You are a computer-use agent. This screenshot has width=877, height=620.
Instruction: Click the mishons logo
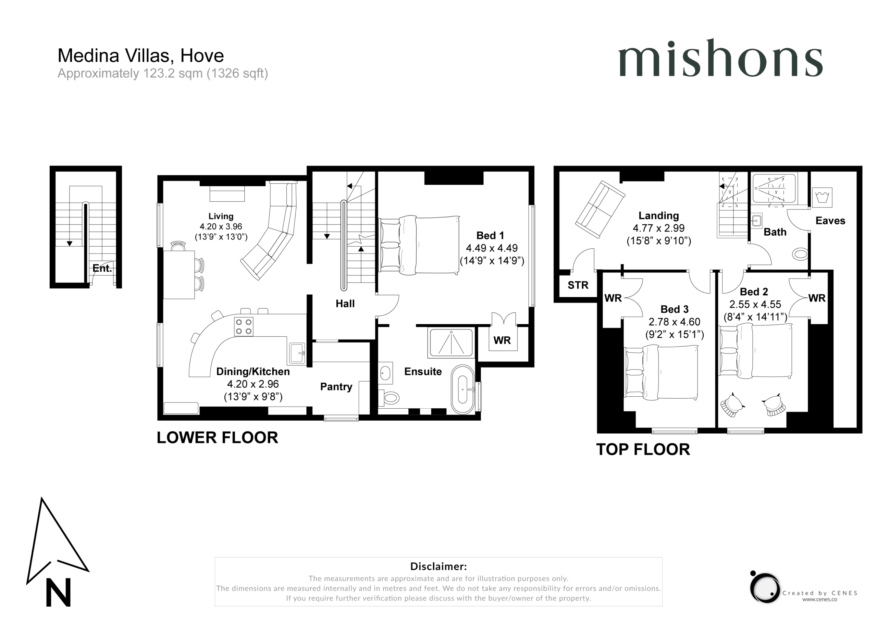pyautogui.click(x=720, y=58)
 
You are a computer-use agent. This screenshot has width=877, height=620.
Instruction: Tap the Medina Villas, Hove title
pyautogui.click(x=140, y=56)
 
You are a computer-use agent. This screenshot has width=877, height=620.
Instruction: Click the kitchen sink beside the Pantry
pyautogui.click(x=297, y=354)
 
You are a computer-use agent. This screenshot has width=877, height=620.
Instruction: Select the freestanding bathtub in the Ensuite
pyautogui.click(x=463, y=390)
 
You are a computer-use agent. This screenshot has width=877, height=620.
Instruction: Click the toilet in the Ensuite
pyautogui.click(x=388, y=398)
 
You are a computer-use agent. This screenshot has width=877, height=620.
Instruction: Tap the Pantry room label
pyautogui.click(x=336, y=387)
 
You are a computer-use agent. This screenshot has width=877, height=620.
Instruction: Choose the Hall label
pyautogui.click(x=345, y=304)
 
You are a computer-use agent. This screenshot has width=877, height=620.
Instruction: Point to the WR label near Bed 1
pyautogui.click(x=502, y=340)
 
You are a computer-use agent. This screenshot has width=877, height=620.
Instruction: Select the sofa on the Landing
pyautogui.click(x=600, y=209)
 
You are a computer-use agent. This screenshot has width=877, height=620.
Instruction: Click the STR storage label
pyautogui.click(x=578, y=285)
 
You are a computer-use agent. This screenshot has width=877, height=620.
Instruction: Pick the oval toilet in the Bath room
pyautogui.click(x=800, y=254)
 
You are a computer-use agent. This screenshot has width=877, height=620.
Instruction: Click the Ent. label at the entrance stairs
pyautogui.click(x=102, y=268)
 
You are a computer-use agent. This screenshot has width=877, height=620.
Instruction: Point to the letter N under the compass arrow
pyautogui.click(x=59, y=592)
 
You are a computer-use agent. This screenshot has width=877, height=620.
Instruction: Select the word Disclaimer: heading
pyautogui.click(x=438, y=566)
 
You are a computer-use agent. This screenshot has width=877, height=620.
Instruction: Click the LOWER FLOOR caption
pyautogui.click(x=217, y=438)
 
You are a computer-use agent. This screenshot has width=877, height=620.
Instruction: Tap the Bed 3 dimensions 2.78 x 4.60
pyautogui.click(x=675, y=322)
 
